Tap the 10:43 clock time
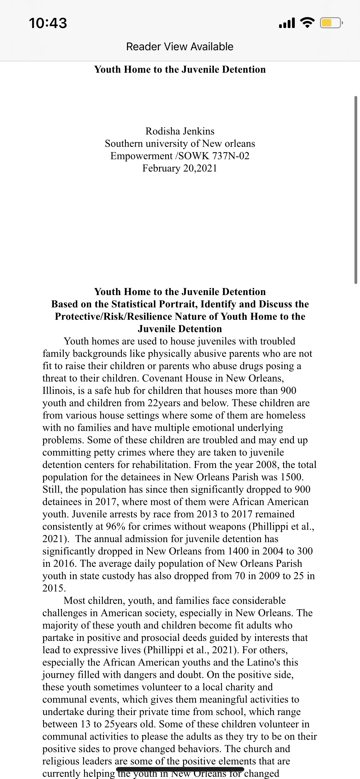click(48, 23)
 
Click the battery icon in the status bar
click(331, 23)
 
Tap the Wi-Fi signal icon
click(307, 22)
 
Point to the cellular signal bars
click(287, 23)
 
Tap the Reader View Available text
click(180, 46)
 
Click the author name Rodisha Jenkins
click(180, 131)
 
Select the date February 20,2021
click(180, 168)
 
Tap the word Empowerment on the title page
click(141, 156)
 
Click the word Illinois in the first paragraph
click(58, 391)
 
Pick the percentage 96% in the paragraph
click(115, 526)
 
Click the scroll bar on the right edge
click(356, 190)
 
